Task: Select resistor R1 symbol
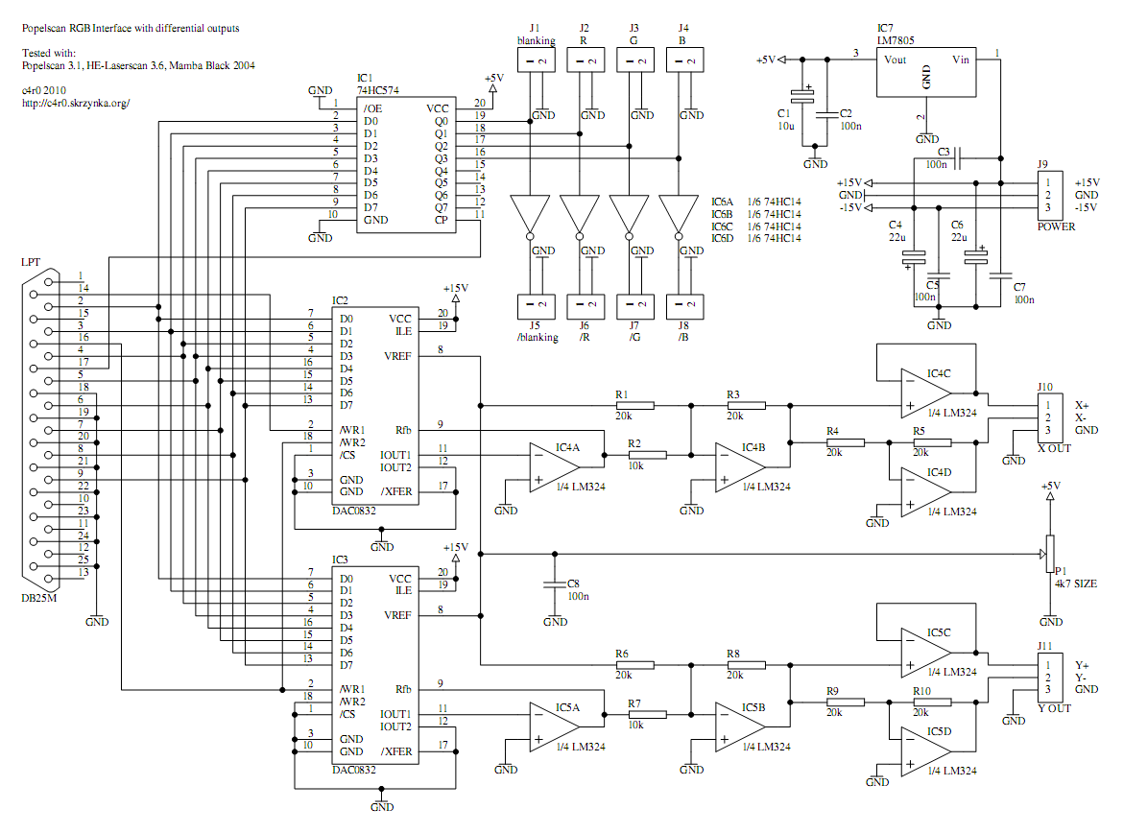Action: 634,406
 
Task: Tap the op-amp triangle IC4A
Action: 554,467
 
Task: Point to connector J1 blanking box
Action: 535,60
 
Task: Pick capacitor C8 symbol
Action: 553,583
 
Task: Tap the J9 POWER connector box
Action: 1053,195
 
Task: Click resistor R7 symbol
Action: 647,714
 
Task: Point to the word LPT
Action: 31,261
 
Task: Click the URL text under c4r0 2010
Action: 75,103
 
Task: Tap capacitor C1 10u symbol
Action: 800,95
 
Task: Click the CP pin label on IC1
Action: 441,220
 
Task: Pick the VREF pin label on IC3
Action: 399,615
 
